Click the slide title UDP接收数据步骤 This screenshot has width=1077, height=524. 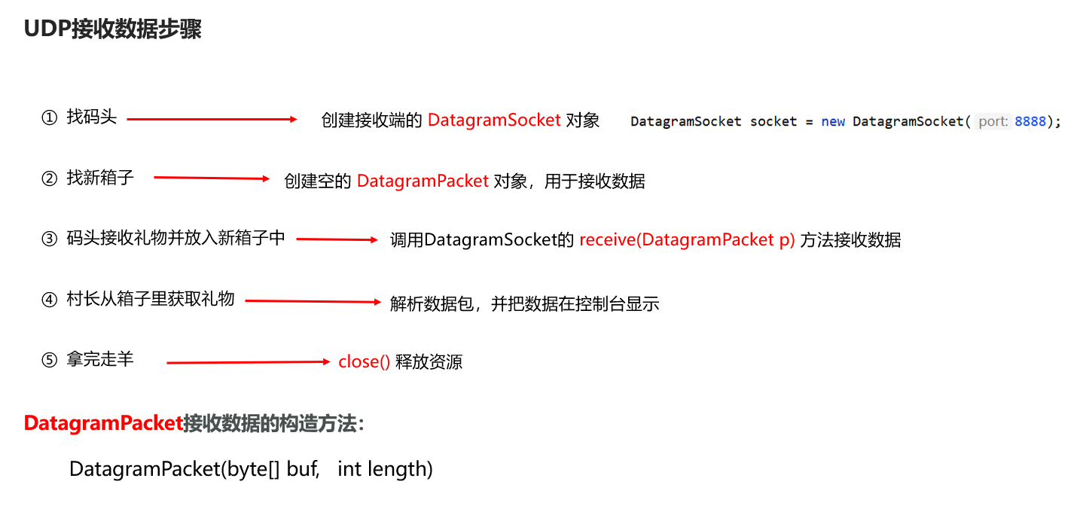coord(113,29)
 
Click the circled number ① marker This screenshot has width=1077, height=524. coord(49,118)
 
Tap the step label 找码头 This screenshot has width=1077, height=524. coord(92,117)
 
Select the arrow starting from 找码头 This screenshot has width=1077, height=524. coord(213,119)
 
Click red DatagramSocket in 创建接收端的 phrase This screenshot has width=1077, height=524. coord(494,120)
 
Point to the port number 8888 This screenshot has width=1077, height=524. coord(1030,121)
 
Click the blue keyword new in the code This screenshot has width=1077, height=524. coord(832,121)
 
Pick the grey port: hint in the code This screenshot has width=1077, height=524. coord(993,121)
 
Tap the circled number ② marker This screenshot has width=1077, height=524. coord(49,178)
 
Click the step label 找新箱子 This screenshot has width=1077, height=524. coord(100,178)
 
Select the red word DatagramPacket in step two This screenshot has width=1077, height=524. coord(423,181)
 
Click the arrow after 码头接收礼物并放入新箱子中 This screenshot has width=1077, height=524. coord(337,239)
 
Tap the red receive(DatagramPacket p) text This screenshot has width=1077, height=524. coord(687,240)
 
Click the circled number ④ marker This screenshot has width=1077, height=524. coord(49,300)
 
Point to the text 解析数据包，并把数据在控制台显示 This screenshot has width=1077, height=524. coord(524,303)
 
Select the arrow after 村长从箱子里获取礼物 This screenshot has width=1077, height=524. coord(313,301)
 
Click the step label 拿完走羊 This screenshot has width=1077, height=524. coord(100,359)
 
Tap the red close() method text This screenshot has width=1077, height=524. coord(364,361)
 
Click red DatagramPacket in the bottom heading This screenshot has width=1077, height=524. coord(103,423)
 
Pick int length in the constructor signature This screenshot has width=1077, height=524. coord(385,469)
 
